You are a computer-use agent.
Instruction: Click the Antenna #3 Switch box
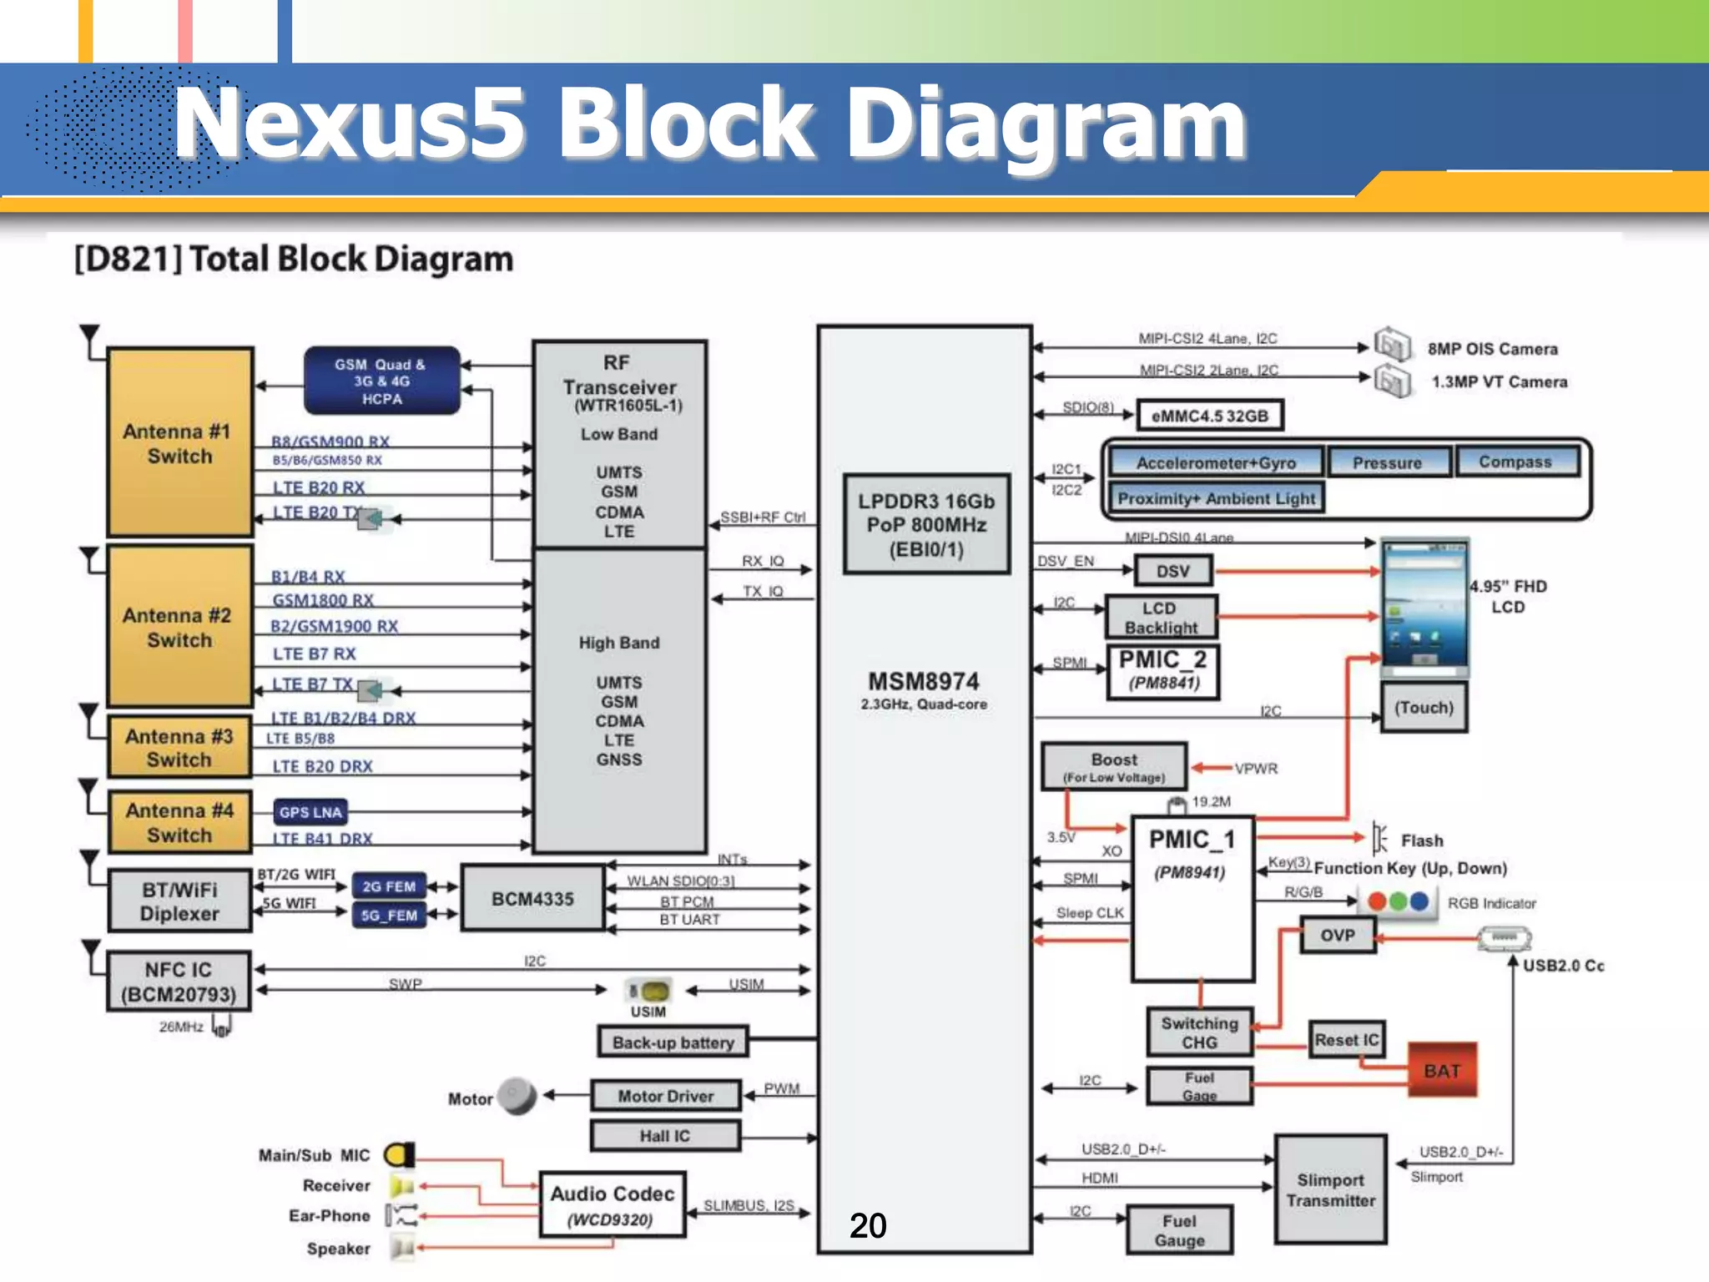[x=179, y=748]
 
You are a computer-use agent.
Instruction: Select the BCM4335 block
[x=532, y=899]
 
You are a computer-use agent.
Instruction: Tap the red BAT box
[x=1442, y=1070]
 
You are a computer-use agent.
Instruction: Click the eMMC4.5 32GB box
[x=1208, y=416]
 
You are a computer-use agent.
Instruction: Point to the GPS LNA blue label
[x=310, y=812]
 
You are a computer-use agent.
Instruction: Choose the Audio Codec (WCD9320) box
[x=613, y=1205]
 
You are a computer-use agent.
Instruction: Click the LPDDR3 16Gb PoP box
[x=926, y=524]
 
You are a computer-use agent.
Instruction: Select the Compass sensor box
[x=1515, y=462]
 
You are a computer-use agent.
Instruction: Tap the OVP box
[x=1337, y=936]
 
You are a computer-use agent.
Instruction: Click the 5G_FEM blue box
[x=389, y=916]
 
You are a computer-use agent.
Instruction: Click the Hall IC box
[x=665, y=1136]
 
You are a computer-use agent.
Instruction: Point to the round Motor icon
[x=517, y=1096]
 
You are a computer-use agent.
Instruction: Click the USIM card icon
[x=649, y=992]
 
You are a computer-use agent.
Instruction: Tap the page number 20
[x=868, y=1225]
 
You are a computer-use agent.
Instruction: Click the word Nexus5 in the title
[x=350, y=124]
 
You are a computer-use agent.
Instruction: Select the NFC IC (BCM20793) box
[x=179, y=982]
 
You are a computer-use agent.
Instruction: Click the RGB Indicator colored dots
[x=1399, y=902]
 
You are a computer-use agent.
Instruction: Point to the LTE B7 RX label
[x=314, y=654]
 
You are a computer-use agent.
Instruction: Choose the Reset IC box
[x=1346, y=1040]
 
